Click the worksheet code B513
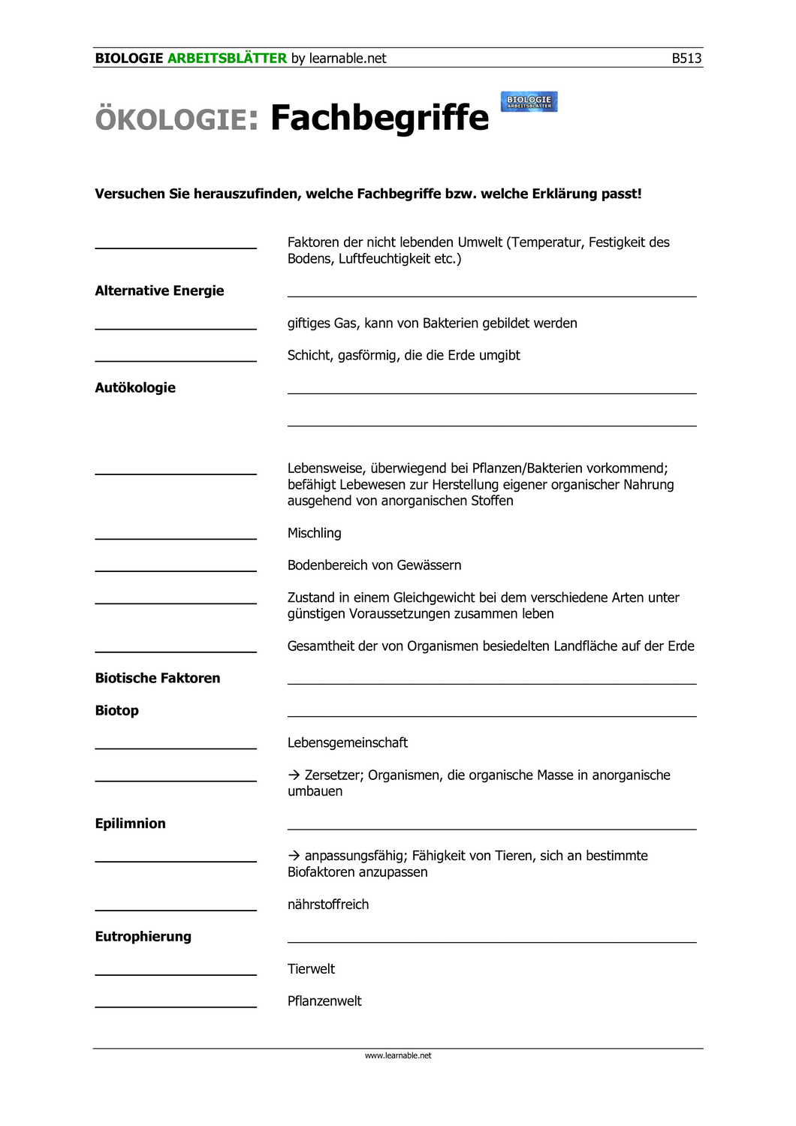click(x=686, y=59)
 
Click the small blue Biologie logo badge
click(x=529, y=101)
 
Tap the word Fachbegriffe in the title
click(x=379, y=118)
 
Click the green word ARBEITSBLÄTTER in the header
click(x=227, y=59)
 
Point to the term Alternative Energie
click(x=159, y=291)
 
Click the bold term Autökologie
click(x=135, y=387)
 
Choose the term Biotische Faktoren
click(x=158, y=678)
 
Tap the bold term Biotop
click(x=117, y=710)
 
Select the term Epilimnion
click(x=130, y=823)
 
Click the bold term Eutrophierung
click(x=143, y=936)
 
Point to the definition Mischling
click(x=314, y=533)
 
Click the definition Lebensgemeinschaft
click(x=348, y=742)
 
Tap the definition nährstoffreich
click(x=328, y=905)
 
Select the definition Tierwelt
click(x=311, y=969)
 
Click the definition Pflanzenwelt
click(x=324, y=1001)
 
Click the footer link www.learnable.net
click(x=398, y=1055)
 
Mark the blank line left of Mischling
click(x=176, y=538)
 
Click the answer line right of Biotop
click(x=492, y=715)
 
